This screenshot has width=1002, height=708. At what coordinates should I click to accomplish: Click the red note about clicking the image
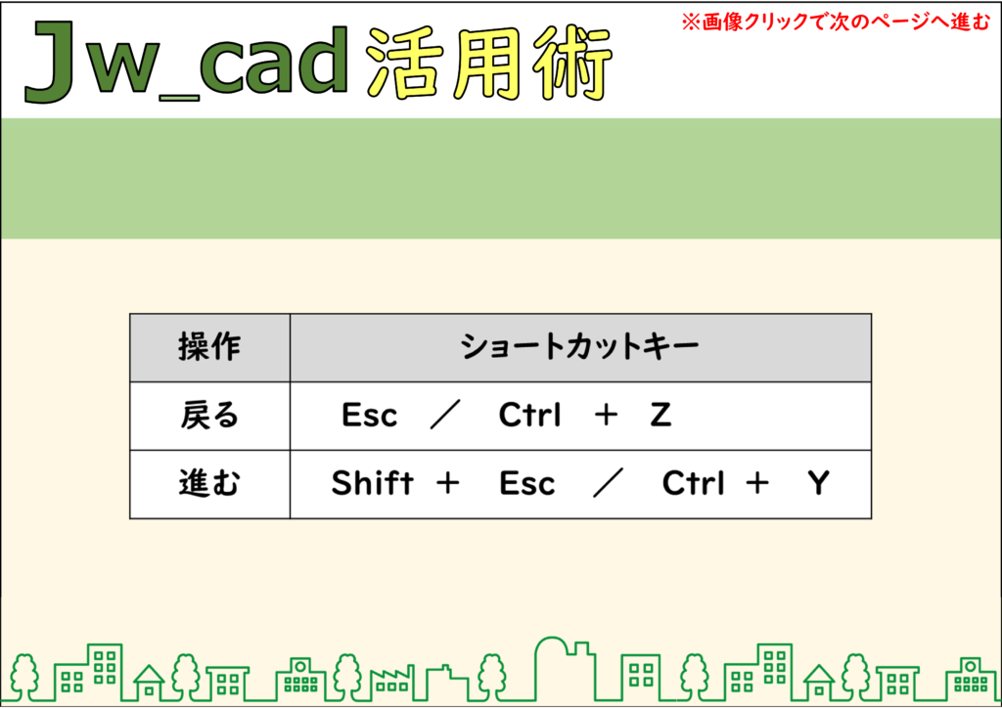pyautogui.click(x=836, y=22)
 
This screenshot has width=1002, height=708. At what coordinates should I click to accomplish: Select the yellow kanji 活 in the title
pyautogui.click(x=403, y=64)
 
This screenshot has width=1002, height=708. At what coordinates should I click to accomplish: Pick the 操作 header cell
pyautogui.click(x=209, y=347)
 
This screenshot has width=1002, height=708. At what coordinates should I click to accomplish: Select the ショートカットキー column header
pyautogui.click(x=579, y=347)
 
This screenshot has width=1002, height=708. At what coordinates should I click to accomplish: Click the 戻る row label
pyautogui.click(x=209, y=416)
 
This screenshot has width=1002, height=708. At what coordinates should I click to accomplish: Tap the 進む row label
pyautogui.click(x=209, y=483)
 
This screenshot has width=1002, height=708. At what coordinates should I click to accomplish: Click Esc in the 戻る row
pyautogui.click(x=369, y=415)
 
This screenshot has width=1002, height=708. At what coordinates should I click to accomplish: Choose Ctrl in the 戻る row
pyautogui.click(x=529, y=415)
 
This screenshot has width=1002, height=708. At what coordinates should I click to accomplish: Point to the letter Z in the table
pyautogui.click(x=660, y=415)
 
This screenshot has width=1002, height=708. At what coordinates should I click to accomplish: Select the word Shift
pyautogui.click(x=373, y=483)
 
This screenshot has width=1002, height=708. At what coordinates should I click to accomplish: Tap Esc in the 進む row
pyautogui.click(x=527, y=483)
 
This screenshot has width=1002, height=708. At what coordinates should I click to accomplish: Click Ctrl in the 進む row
pyautogui.click(x=694, y=483)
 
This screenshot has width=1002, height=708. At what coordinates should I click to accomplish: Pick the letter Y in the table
pyautogui.click(x=818, y=483)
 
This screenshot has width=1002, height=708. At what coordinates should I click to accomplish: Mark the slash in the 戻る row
pyautogui.click(x=445, y=416)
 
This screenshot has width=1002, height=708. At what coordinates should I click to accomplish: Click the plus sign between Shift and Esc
pyautogui.click(x=447, y=483)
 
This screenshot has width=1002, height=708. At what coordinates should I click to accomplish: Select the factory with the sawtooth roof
pyautogui.click(x=391, y=683)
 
